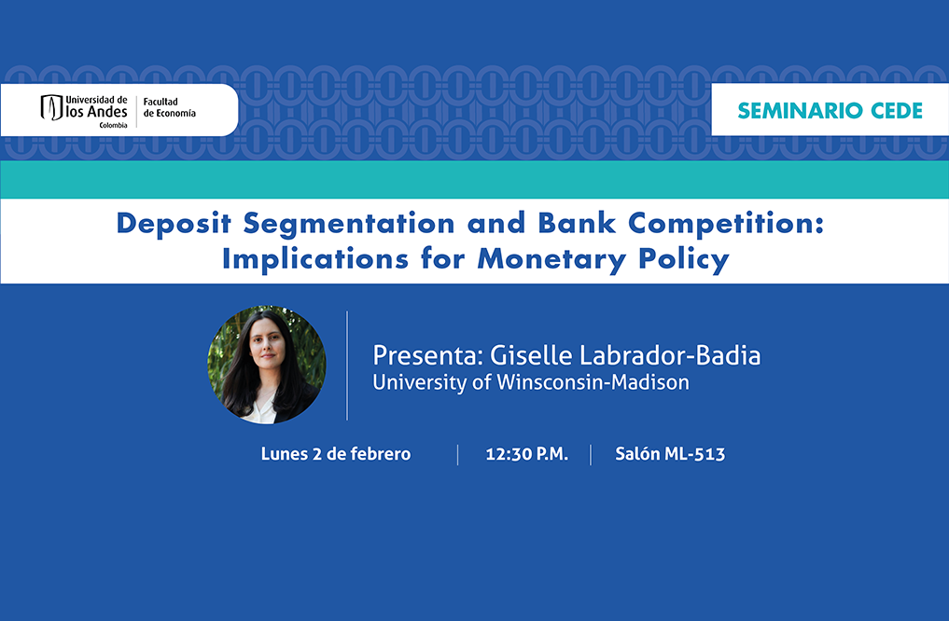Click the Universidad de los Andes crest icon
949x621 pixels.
coord(51,107)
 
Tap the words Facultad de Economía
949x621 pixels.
coord(170,107)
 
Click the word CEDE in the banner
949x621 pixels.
coord(897,111)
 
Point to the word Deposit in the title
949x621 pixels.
coord(174,224)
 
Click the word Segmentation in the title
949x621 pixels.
coord(349,223)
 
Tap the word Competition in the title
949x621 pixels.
coord(726,224)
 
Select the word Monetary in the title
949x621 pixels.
coord(551,259)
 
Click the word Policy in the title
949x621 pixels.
coord(684,259)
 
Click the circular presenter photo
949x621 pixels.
coord(267,365)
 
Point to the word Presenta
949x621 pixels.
coord(427,355)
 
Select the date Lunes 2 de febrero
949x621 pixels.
coord(336,453)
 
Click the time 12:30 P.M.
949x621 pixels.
coord(526,454)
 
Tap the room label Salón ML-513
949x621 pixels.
coord(670,453)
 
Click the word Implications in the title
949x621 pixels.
coord(315,259)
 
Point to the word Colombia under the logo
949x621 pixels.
coord(113,125)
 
